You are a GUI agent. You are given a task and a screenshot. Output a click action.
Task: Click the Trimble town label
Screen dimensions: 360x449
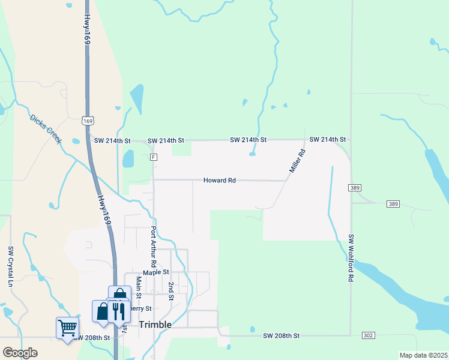155,325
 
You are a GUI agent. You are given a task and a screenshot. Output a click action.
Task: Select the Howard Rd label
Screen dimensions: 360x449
219,180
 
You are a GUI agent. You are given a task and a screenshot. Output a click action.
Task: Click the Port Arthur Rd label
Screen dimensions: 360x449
154,247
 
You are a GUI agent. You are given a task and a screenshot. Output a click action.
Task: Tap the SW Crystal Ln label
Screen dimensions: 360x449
10,266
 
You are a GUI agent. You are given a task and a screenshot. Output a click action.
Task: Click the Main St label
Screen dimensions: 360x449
138,287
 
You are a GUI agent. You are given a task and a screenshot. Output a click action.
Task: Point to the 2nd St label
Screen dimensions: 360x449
171,291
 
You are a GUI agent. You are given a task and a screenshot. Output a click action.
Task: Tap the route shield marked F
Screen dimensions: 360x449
154,157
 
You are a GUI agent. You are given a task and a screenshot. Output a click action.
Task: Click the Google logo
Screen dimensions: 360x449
19,353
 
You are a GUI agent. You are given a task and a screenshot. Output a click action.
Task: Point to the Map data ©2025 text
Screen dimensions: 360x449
423,355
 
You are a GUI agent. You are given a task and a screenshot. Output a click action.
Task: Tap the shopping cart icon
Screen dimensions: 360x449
67,327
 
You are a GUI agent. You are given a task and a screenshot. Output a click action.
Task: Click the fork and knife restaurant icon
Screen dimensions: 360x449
118,311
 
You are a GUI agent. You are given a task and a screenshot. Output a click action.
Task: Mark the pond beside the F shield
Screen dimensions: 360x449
128,158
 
